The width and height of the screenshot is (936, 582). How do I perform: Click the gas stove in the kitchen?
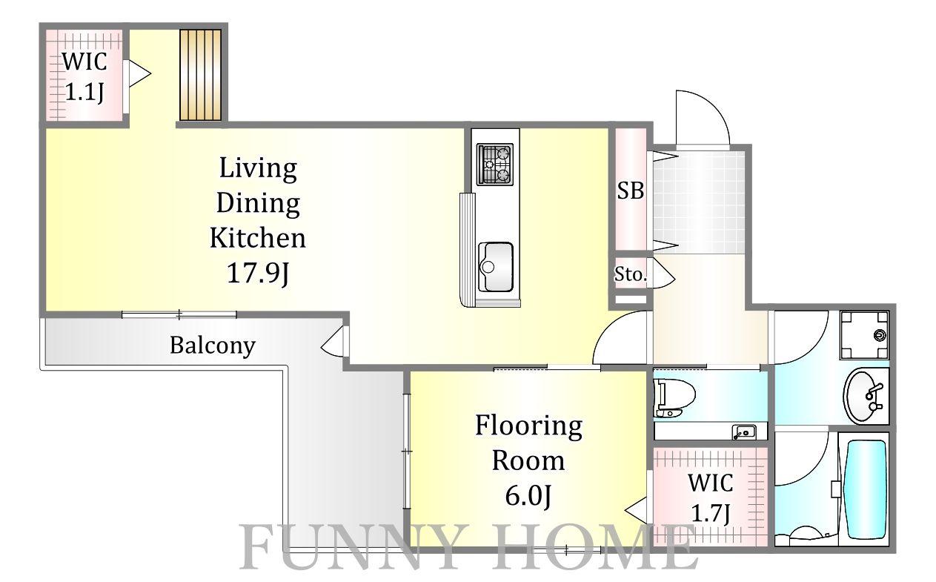[x=495, y=165]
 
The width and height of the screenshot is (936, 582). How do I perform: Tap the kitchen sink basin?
[x=496, y=267]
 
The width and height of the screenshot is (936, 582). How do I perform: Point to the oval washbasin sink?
[x=864, y=396]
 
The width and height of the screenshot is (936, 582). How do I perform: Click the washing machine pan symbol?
[x=864, y=335]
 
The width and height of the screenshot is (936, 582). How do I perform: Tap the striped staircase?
[x=201, y=75]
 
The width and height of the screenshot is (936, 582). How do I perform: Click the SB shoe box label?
[x=631, y=191]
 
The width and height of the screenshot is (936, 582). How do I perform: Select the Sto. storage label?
[x=631, y=274]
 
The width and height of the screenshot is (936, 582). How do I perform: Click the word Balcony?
[x=213, y=345]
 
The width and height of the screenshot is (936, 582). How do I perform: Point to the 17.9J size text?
[x=258, y=274]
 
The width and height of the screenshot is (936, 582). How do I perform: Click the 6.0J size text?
[x=528, y=496]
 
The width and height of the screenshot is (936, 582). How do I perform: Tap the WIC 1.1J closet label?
[x=84, y=76]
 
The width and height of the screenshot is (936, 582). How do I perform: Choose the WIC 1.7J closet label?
[x=711, y=498]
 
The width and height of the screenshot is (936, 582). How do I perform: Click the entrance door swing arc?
[x=711, y=106]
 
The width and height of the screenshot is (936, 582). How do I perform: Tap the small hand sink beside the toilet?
[x=745, y=431]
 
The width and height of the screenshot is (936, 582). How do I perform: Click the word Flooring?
[x=528, y=426]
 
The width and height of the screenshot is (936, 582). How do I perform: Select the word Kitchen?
[x=258, y=238]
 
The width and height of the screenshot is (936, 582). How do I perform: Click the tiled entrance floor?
[x=699, y=202]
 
